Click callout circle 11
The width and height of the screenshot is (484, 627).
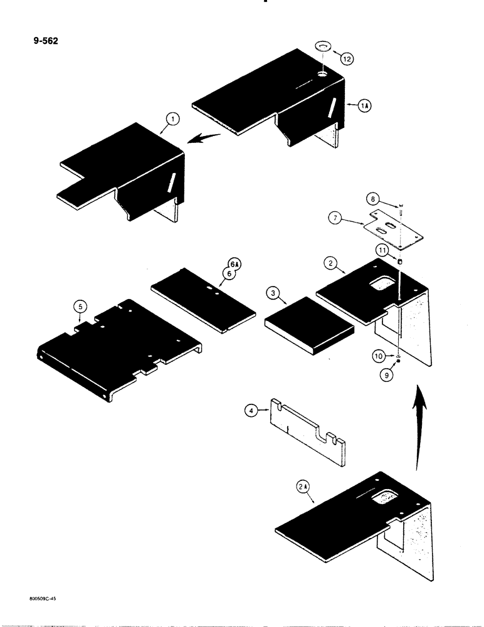[x=381, y=251]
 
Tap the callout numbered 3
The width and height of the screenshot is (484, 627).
[x=272, y=292]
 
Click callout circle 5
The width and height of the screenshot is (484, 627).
[x=79, y=307]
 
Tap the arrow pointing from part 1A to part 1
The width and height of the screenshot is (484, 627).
[x=206, y=137]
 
